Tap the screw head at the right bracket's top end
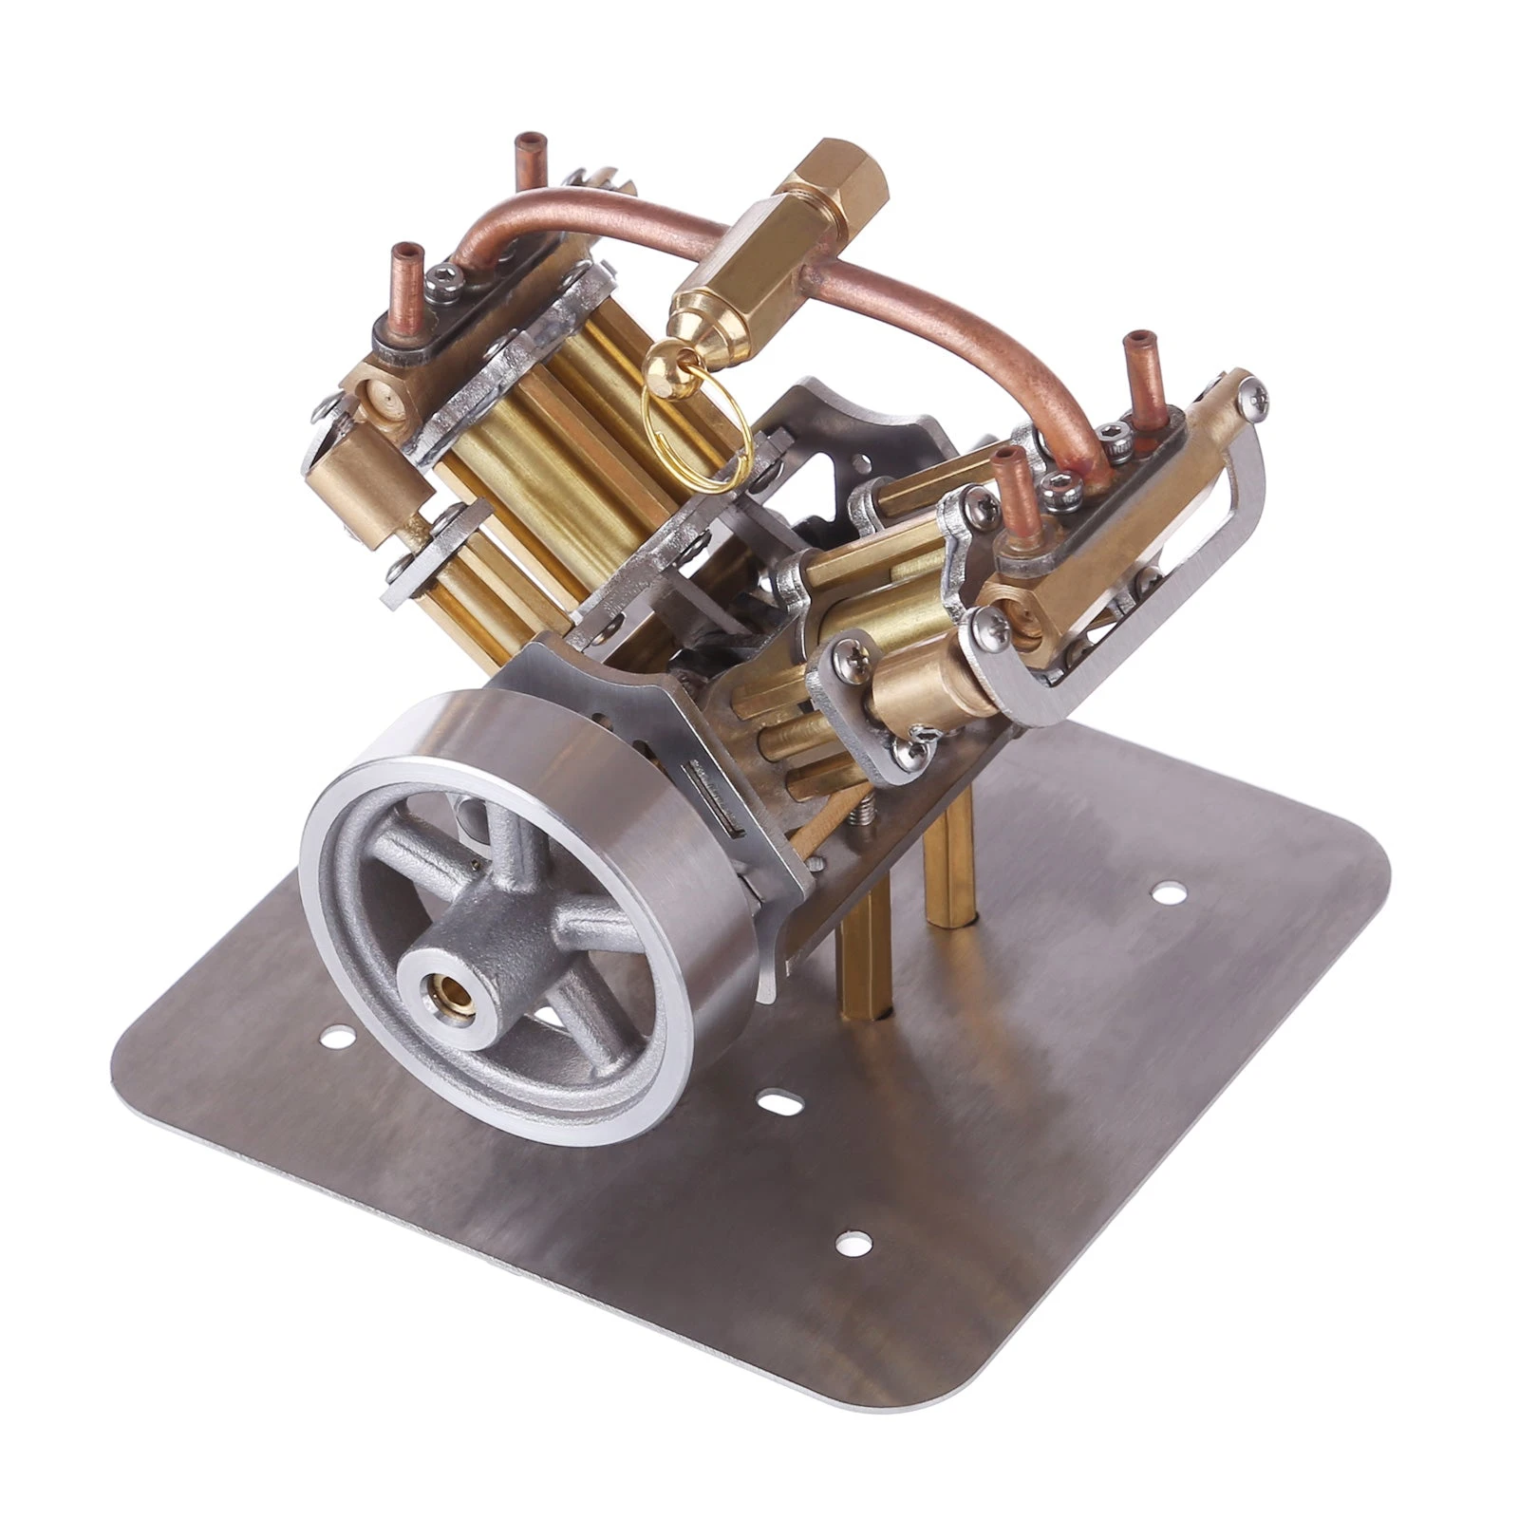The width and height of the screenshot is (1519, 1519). [1254, 391]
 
